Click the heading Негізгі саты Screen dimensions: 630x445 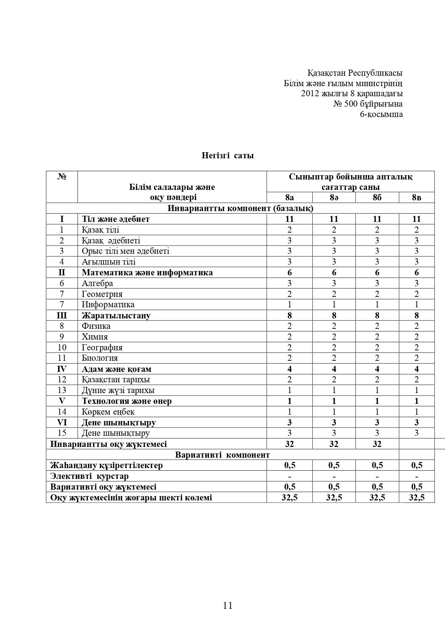[x=228, y=155]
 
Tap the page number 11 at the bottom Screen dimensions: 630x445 [x=228, y=605]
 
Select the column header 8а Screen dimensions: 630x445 [x=289, y=197]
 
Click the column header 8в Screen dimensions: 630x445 [x=416, y=197]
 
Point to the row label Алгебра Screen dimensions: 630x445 [x=97, y=283]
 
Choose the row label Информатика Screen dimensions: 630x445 [x=108, y=304]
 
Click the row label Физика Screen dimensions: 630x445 [x=96, y=326]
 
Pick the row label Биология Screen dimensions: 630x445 [x=100, y=358]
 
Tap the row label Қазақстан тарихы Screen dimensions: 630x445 [x=116, y=379]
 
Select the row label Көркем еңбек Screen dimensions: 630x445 [x=108, y=412]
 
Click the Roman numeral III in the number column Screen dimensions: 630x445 [x=62, y=316]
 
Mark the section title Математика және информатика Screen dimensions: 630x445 [x=147, y=272]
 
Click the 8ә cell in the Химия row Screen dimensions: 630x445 [x=334, y=337]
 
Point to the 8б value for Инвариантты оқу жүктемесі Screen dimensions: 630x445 [x=377, y=444]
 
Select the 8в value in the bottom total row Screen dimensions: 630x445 [x=416, y=498]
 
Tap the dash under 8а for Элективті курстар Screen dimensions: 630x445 [x=289, y=476]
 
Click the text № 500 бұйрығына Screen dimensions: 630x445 [x=368, y=104]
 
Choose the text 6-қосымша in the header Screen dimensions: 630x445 [x=381, y=115]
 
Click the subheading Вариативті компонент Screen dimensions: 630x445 [x=222, y=455]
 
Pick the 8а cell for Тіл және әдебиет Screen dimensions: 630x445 [x=289, y=219]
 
